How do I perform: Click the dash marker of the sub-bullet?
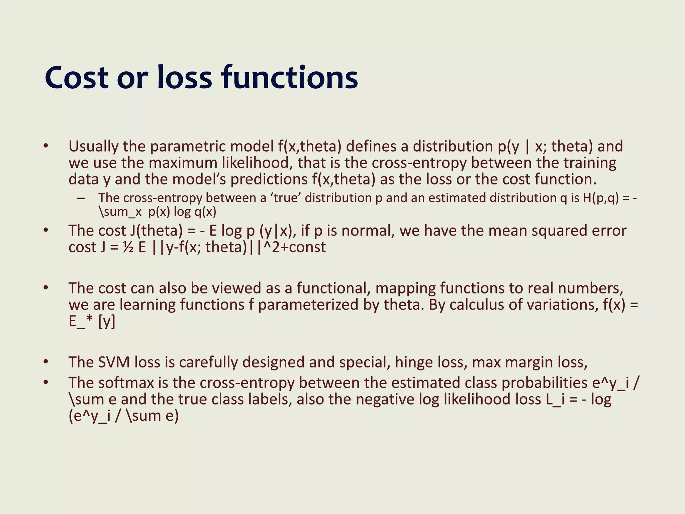point(80,198)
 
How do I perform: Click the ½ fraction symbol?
point(128,248)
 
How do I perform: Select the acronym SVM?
point(114,362)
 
